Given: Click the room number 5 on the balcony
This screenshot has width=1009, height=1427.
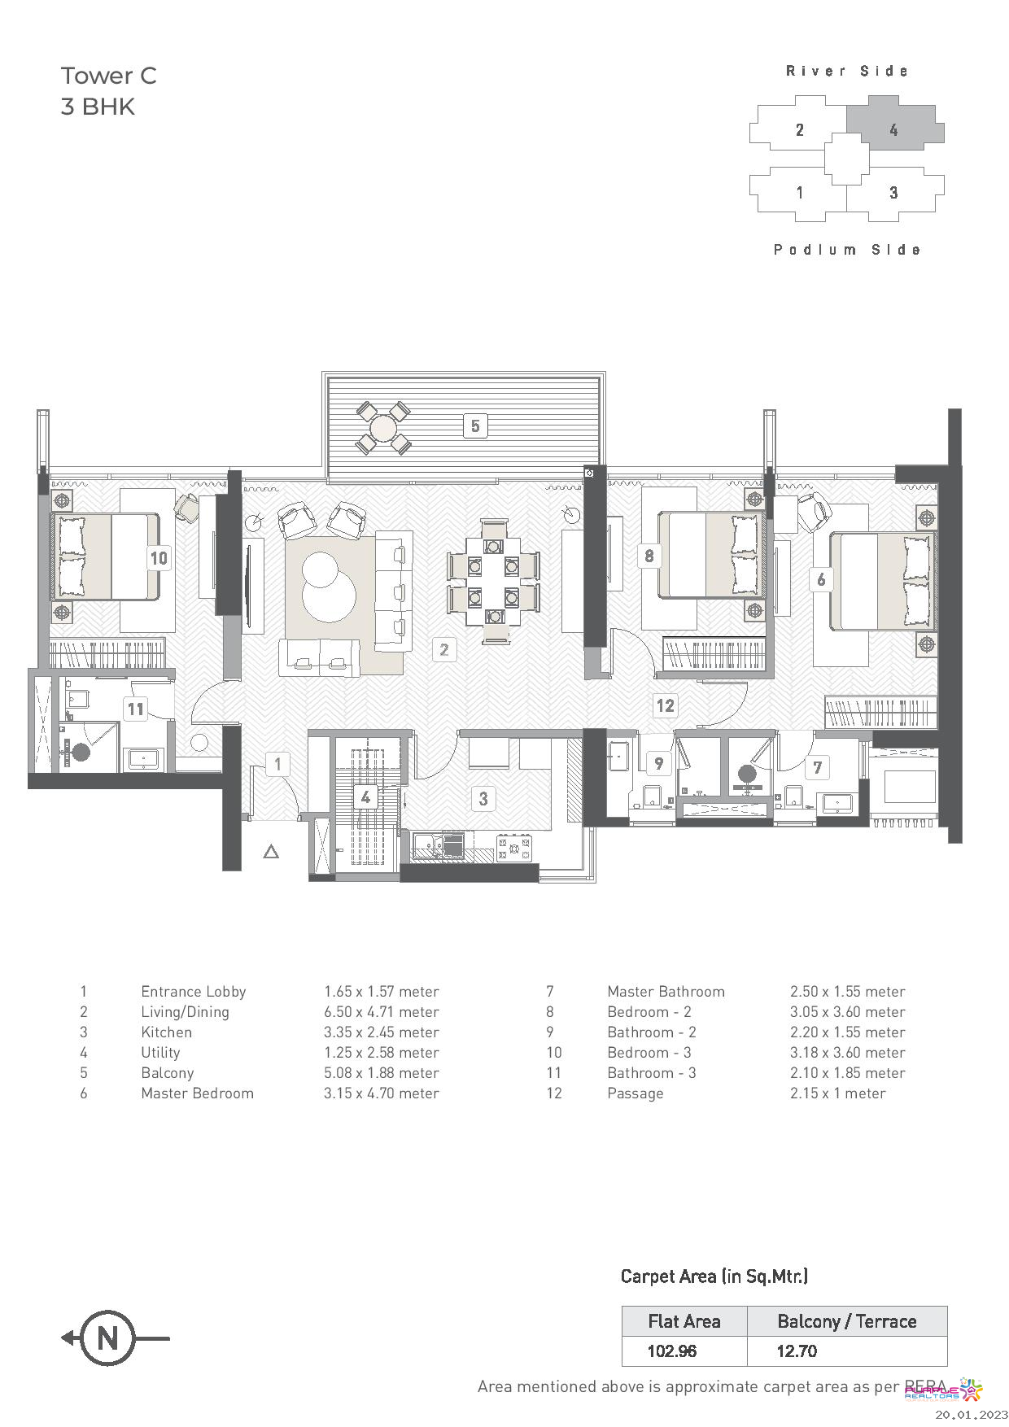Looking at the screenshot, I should [475, 425].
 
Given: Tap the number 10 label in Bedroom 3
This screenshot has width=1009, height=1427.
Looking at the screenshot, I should [159, 558].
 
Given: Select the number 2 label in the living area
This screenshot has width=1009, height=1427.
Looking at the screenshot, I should [444, 649].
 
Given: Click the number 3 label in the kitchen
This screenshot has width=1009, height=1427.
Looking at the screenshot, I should [483, 798].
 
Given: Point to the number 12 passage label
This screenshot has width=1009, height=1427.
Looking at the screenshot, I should [666, 705].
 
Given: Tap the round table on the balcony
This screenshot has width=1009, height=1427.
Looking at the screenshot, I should [382, 427].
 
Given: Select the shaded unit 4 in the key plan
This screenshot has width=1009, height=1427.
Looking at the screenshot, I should [893, 129].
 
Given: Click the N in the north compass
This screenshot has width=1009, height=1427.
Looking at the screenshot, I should [107, 1338].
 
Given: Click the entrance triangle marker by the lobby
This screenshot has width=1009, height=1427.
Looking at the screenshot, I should [272, 852].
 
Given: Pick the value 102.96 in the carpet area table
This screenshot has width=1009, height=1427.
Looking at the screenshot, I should [672, 1351].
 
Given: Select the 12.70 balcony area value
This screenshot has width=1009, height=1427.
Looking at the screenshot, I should [797, 1351].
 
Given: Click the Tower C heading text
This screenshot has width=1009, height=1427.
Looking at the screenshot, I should [108, 76].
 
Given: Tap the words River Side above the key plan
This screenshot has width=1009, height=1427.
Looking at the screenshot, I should [847, 72].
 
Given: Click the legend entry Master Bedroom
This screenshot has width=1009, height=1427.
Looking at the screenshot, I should [197, 1093].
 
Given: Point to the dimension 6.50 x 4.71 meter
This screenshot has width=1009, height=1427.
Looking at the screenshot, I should [381, 1012].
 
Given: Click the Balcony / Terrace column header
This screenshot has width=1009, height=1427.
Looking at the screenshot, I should [846, 1321].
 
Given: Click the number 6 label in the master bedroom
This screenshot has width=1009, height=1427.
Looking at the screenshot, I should [821, 579].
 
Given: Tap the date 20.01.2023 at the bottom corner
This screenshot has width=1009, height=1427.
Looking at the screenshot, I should [971, 1416].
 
